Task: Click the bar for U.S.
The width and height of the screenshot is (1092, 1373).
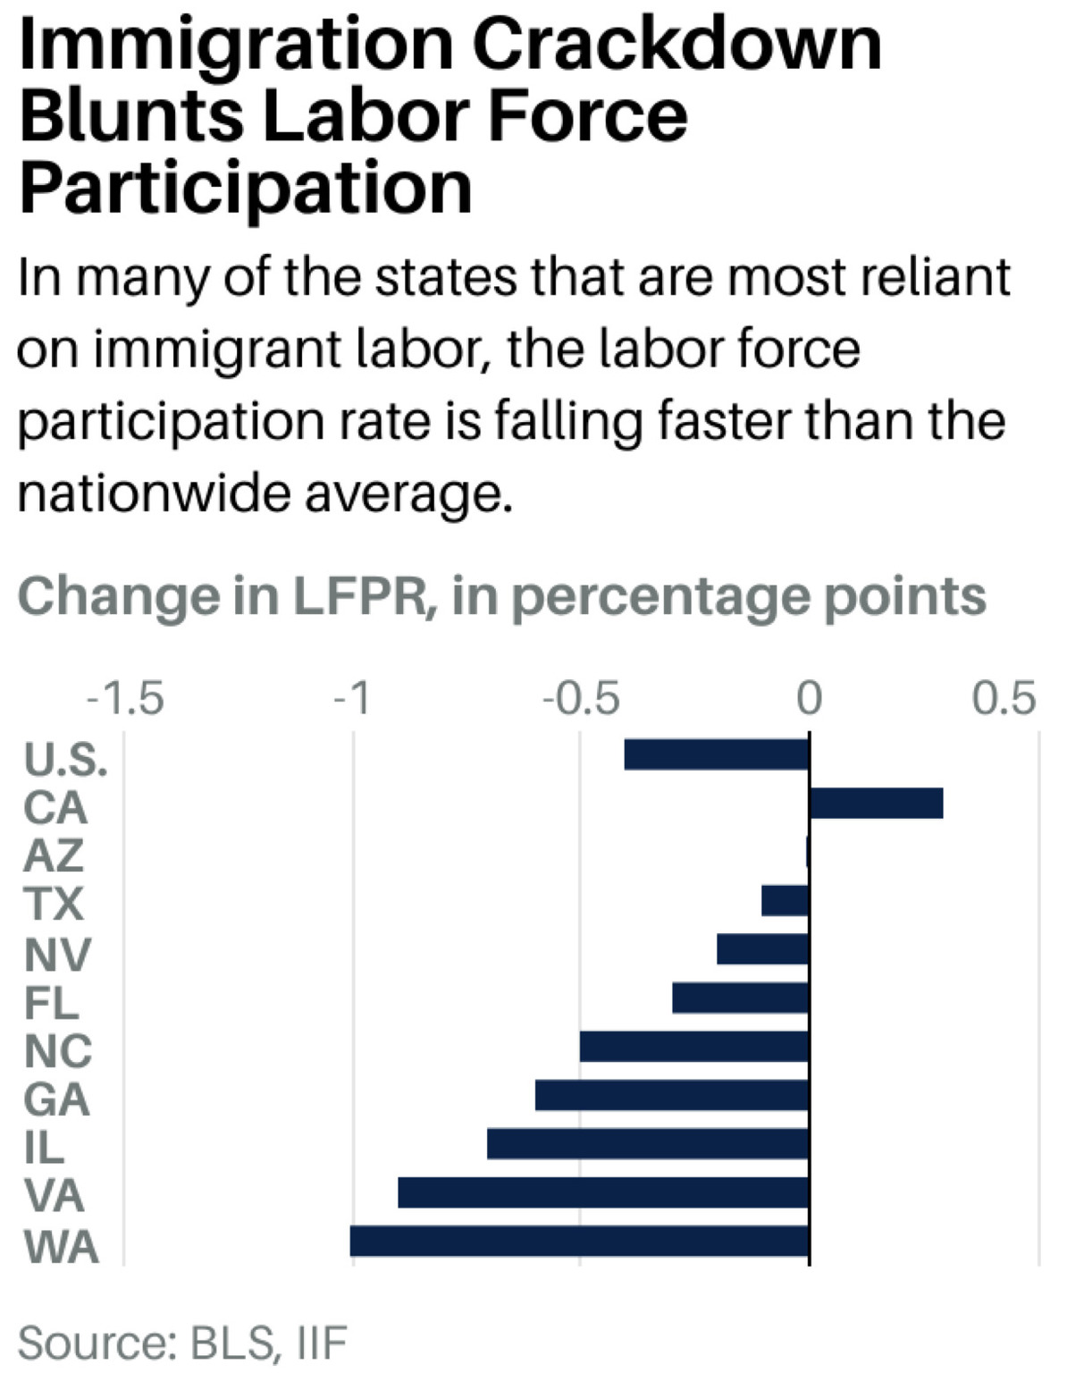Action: tap(716, 754)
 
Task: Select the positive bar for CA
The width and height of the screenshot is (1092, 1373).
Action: tap(876, 803)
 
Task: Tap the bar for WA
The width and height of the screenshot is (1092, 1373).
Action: tap(579, 1241)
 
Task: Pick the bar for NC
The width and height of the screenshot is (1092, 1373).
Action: tap(694, 1047)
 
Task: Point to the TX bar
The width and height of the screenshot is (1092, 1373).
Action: tap(785, 900)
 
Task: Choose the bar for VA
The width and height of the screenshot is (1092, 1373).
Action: tap(603, 1192)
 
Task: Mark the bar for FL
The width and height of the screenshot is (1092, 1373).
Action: tap(740, 998)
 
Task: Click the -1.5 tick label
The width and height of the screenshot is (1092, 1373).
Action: tap(125, 699)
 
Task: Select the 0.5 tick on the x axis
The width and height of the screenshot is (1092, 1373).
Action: tap(1004, 699)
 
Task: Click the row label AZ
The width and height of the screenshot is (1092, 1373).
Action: tap(54, 855)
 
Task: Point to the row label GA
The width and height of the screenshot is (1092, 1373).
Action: tap(56, 1099)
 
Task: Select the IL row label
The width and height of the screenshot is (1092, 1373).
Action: tap(45, 1148)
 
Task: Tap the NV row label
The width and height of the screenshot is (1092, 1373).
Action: tap(57, 954)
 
